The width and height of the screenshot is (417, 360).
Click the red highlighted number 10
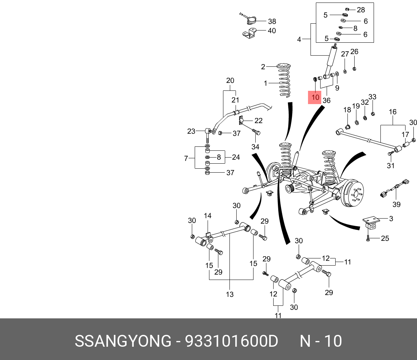[315, 97]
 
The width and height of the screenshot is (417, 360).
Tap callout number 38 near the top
[272, 21]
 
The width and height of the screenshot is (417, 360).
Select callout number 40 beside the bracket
[272, 31]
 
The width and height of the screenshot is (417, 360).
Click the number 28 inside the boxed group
[361, 10]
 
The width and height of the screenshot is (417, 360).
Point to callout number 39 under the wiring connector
[396, 205]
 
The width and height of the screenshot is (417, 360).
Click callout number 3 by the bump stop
[391, 219]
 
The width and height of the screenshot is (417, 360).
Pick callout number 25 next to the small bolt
[385, 238]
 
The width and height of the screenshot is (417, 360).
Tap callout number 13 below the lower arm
[229, 294]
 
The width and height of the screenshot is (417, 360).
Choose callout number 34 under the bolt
[255, 146]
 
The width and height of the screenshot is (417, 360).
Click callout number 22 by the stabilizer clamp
[258, 121]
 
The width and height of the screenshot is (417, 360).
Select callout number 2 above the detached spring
[263, 66]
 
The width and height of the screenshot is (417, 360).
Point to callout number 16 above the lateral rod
[393, 112]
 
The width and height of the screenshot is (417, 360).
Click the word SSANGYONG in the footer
[123, 341]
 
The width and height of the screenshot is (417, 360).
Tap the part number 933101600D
[231, 341]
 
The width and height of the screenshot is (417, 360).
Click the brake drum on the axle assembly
[354, 194]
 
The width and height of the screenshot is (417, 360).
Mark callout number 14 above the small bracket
[208, 216]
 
